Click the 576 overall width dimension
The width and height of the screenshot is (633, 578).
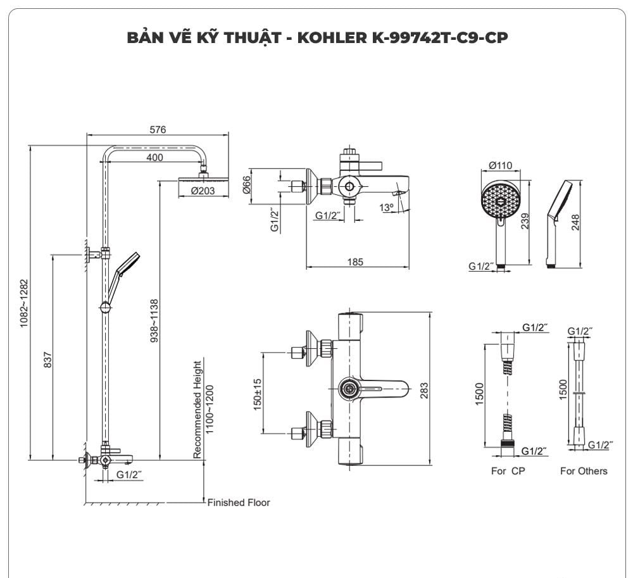pyautogui.click(x=158, y=130)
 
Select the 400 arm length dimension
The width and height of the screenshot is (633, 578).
pyautogui.click(x=154, y=157)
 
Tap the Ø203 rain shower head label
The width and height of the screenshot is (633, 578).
pyautogui.click(x=203, y=191)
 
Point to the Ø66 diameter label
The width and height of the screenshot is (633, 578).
pyautogui.click(x=248, y=186)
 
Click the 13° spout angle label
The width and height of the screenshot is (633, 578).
pyautogui.click(x=386, y=207)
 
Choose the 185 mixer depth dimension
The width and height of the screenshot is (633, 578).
pyautogui.click(x=355, y=261)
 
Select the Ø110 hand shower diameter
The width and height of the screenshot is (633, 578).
pyautogui.click(x=500, y=166)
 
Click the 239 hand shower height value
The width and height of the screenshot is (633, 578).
pyautogui.click(x=525, y=222)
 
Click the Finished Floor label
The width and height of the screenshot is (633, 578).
pyautogui.click(x=239, y=503)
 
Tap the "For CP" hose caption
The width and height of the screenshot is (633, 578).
pyautogui.click(x=508, y=471)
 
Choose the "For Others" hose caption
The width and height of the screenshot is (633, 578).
pyautogui.click(x=583, y=471)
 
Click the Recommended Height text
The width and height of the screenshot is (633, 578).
pyautogui.click(x=197, y=410)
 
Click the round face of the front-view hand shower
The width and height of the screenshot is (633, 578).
pyautogui.click(x=500, y=201)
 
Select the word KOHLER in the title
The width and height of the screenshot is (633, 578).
pyautogui.click(x=328, y=37)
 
